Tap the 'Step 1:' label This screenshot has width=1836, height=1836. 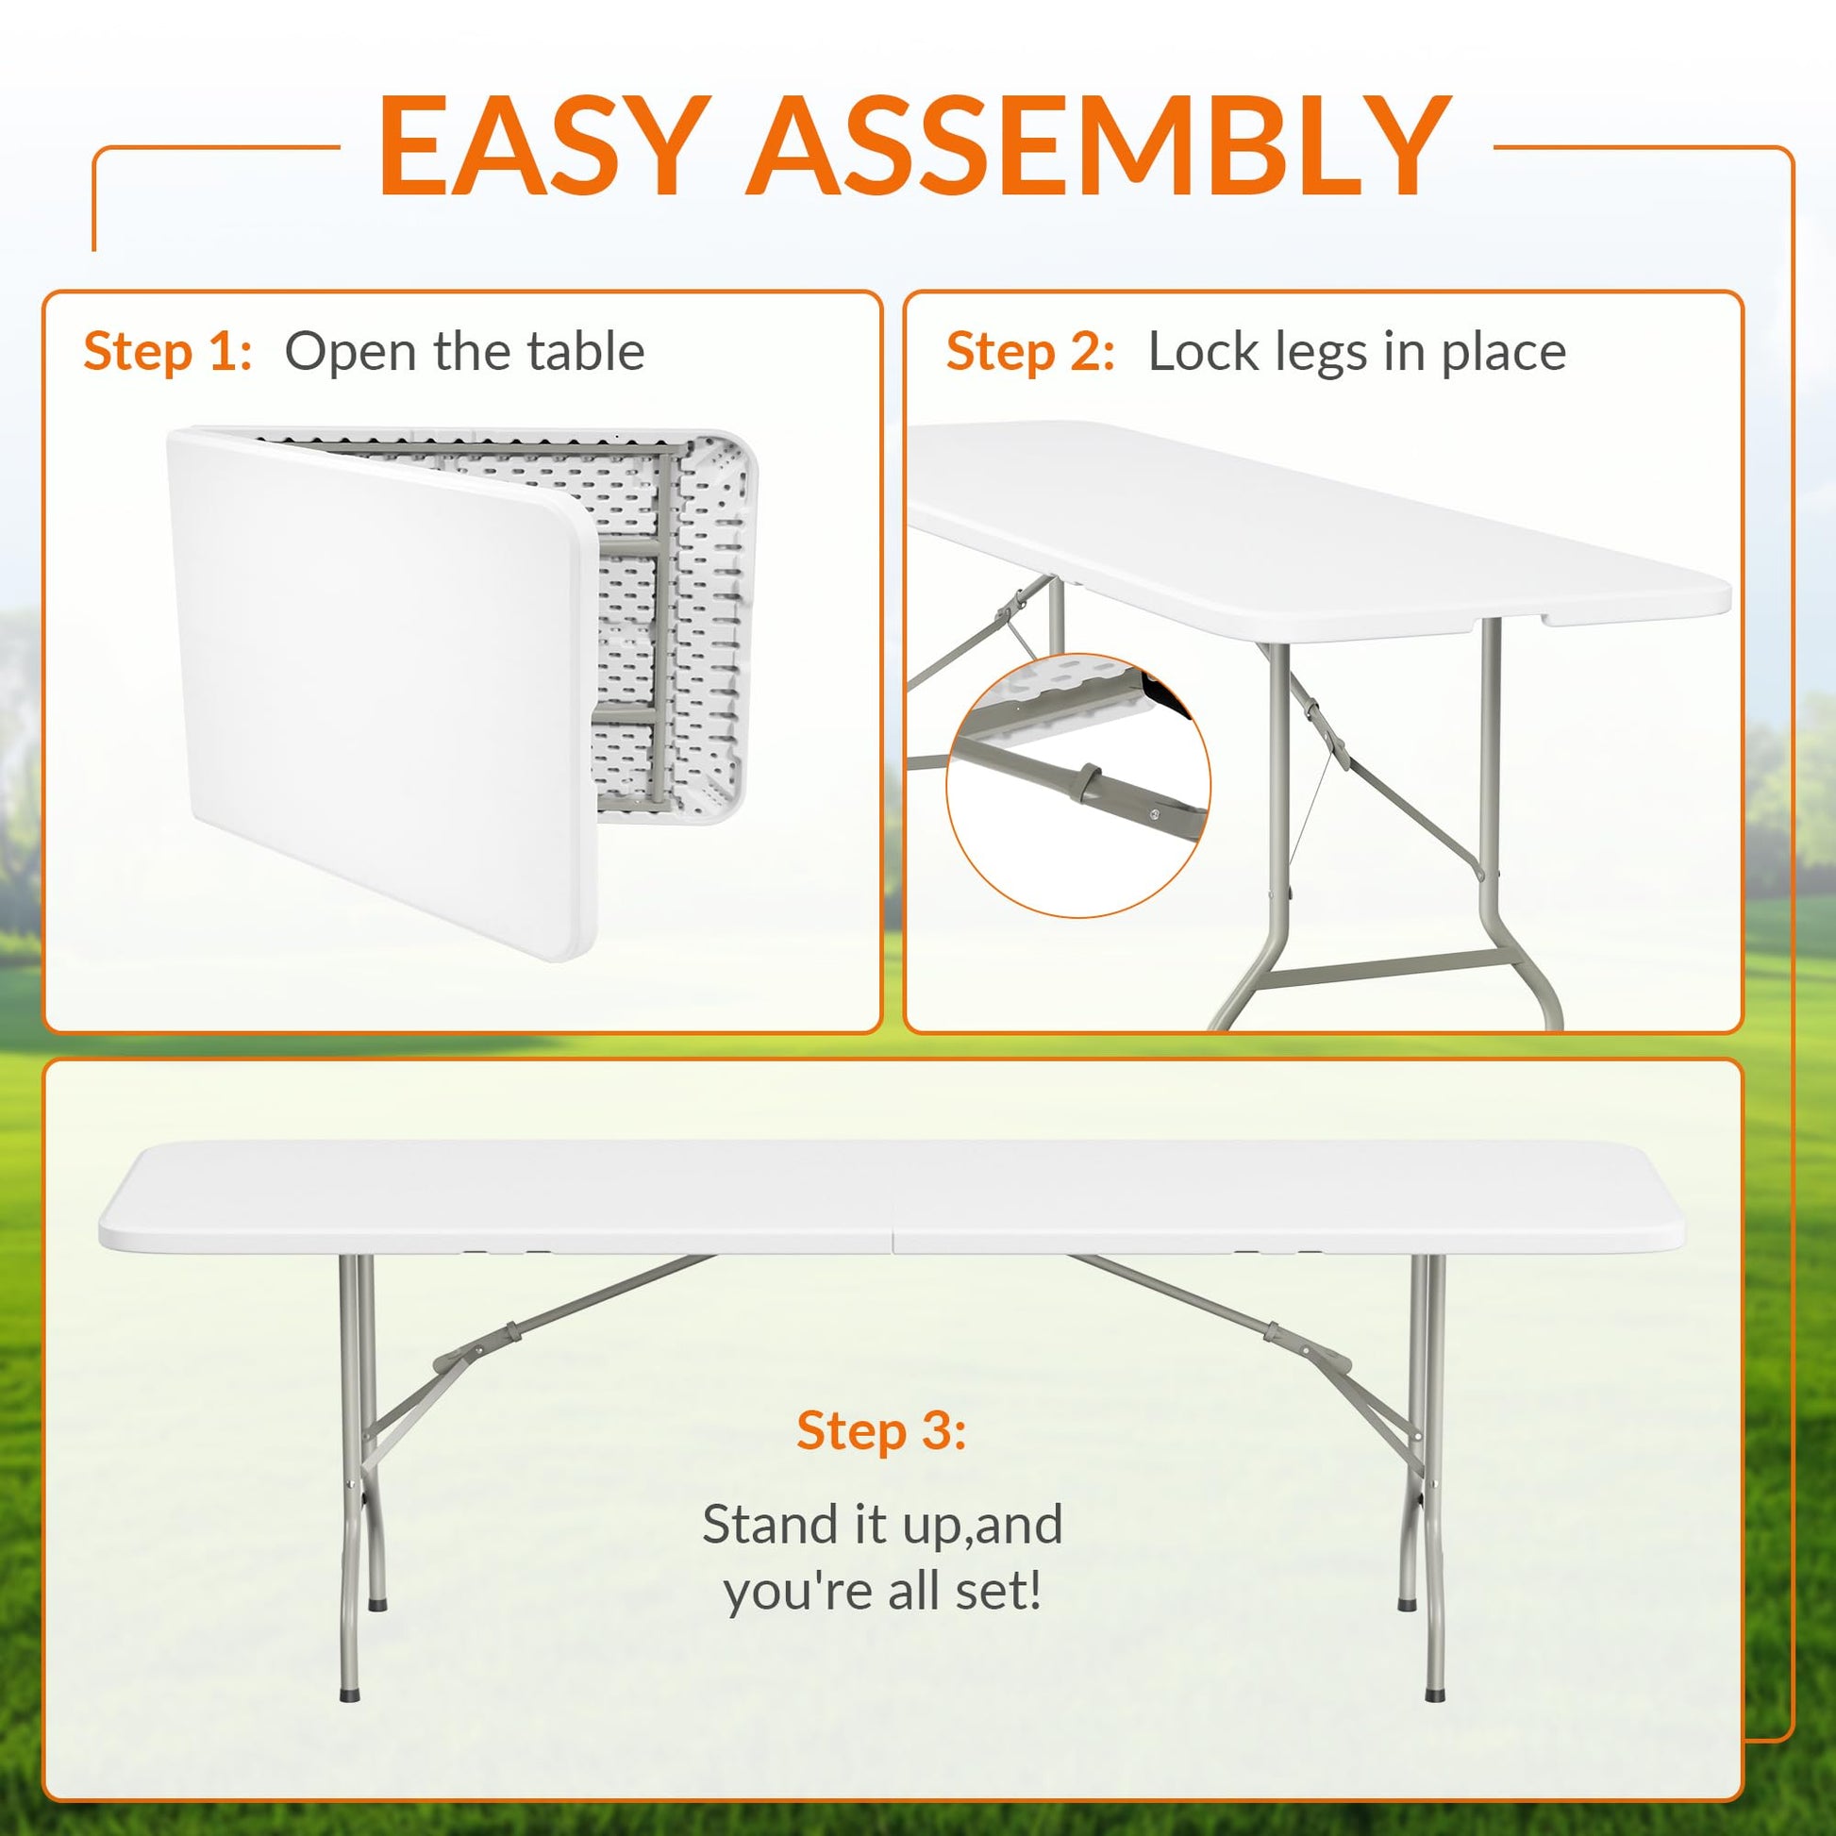pos(167,352)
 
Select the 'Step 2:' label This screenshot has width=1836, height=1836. pos(1030,352)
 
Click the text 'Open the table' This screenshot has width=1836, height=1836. pos(465,352)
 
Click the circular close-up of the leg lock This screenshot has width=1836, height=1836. pos(1078,785)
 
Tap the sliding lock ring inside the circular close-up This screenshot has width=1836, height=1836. pos(1089,783)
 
